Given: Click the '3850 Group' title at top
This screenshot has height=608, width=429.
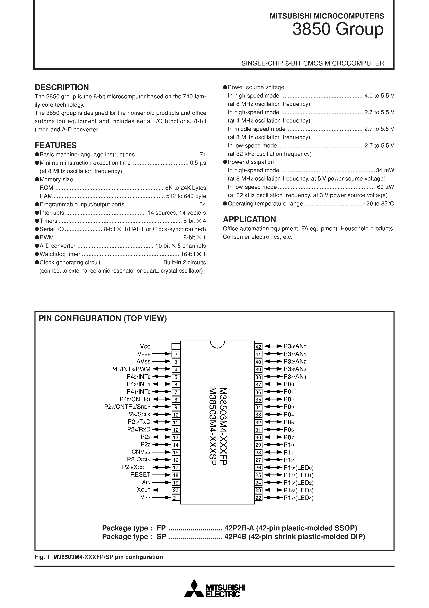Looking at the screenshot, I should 338,29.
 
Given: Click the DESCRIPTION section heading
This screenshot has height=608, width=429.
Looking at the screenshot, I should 62,87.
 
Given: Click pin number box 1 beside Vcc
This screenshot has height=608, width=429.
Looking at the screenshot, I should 176,347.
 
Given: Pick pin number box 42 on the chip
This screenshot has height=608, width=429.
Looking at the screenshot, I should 258,347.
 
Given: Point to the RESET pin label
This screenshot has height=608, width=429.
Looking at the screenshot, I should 140,475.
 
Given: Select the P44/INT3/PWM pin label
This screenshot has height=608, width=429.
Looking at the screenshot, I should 130,369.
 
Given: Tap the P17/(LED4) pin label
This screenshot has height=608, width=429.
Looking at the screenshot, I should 298,498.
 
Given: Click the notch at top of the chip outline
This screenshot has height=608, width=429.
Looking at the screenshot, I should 217,345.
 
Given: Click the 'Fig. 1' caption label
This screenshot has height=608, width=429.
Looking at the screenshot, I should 42,557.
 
